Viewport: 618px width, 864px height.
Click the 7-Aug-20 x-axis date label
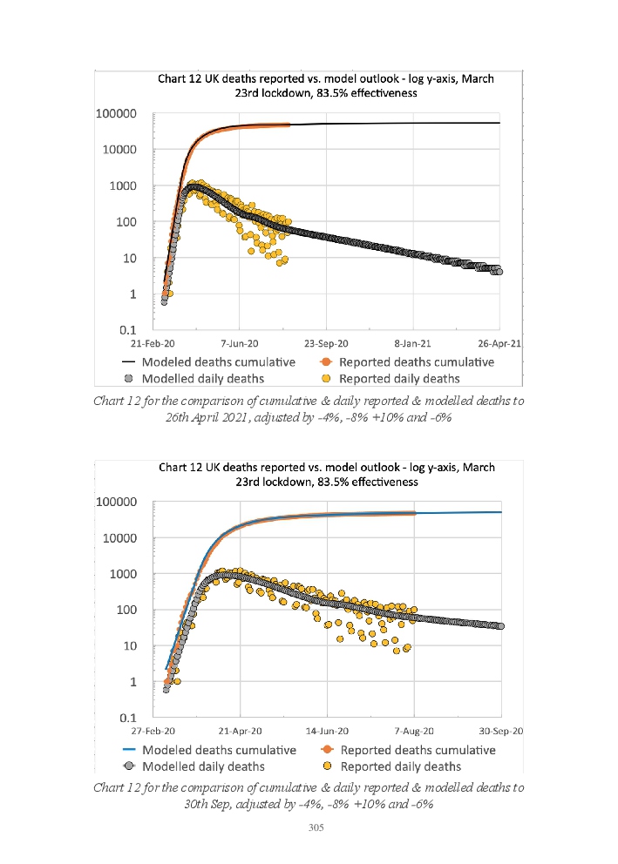pos(415,732)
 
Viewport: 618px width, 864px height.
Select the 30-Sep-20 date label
pos(499,732)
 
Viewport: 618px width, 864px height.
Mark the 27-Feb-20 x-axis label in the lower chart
pos(153,732)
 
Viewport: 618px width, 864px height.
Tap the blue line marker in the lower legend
pos(129,750)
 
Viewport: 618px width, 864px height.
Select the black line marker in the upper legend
pos(129,362)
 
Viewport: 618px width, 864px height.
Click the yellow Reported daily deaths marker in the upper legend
pos(327,378)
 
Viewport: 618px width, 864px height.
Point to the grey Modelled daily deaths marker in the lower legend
pos(129,766)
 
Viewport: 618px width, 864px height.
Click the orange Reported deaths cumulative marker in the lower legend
pos(327,750)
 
